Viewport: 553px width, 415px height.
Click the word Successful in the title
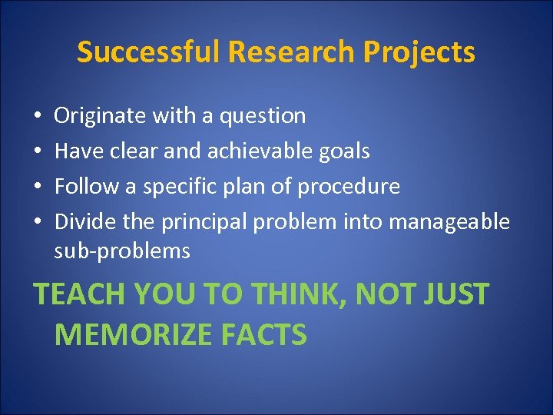(x=145, y=53)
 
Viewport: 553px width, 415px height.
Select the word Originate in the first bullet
(x=101, y=116)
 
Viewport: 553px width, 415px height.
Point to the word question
(x=263, y=117)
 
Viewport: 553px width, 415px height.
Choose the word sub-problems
(x=122, y=251)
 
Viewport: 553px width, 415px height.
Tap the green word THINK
(x=295, y=294)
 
